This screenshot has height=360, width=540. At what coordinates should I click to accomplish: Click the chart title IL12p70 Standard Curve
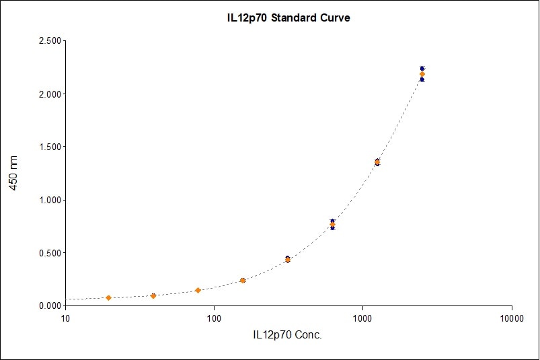(287, 17)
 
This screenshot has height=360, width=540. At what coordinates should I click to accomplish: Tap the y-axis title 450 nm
(14, 173)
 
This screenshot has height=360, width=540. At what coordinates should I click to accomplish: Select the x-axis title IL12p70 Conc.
(287, 334)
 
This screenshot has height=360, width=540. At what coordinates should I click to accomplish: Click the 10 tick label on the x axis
(65, 317)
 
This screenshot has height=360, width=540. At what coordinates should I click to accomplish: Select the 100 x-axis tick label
(214, 317)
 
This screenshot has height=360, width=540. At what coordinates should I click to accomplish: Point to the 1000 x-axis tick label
(363, 317)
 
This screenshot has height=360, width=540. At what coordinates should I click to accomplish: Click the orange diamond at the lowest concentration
(108, 297)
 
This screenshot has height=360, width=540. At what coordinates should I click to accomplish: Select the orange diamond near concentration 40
(153, 296)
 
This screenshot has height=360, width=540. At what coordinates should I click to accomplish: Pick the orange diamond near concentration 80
(198, 290)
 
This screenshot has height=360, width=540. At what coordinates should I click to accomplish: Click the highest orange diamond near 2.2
(422, 74)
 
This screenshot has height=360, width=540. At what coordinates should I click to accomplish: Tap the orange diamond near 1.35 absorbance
(377, 162)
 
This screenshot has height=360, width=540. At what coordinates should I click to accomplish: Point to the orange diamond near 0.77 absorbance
(332, 224)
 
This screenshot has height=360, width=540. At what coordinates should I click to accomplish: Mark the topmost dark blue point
(422, 69)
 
